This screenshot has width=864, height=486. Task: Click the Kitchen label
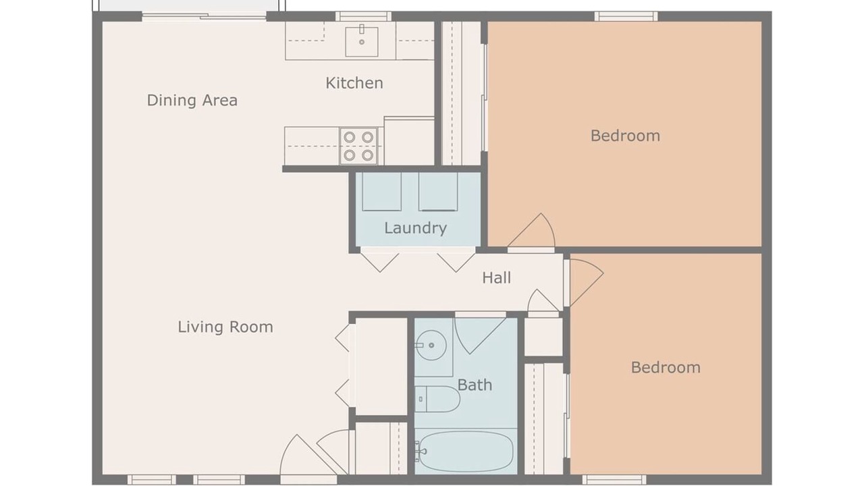(354, 83)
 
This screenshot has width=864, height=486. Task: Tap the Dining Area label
(192, 101)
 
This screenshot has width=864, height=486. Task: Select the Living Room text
(225, 327)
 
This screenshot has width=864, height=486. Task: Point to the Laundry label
(415, 228)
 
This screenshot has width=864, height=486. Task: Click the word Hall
(496, 277)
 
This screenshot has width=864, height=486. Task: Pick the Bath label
(475, 385)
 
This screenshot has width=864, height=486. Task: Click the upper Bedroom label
(625, 136)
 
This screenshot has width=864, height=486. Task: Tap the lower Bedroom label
(666, 368)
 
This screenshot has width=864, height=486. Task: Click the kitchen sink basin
(361, 42)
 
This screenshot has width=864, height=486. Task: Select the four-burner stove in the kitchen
(358, 146)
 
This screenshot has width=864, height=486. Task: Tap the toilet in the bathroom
(437, 399)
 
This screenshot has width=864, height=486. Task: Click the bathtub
(466, 451)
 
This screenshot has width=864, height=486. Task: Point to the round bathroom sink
(431, 345)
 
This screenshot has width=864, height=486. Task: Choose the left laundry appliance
(381, 191)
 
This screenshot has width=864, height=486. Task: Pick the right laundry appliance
(438, 191)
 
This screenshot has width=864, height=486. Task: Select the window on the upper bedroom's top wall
(626, 16)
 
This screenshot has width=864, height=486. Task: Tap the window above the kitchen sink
(363, 16)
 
